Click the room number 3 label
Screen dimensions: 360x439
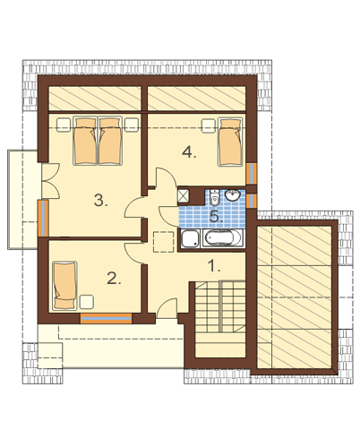coord(100,200)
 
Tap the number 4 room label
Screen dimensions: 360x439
coord(189,152)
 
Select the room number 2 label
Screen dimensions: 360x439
coord(114,279)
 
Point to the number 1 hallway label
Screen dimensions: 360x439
coord(214,265)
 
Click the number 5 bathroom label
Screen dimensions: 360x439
coord(217,216)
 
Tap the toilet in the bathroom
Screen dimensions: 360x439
coord(214,197)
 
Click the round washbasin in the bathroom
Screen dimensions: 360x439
coord(233,195)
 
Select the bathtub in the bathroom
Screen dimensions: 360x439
coord(222,238)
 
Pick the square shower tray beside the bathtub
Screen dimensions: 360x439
coord(190,238)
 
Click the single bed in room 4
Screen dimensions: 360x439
coord(230,142)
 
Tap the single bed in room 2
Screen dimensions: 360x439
coord(64,285)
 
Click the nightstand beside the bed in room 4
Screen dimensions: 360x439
coord(209,125)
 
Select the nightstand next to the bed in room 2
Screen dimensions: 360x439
coord(87,302)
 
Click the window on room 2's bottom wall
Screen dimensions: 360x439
coord(106,318)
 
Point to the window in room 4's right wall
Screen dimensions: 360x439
coord(252,173)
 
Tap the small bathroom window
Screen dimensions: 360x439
coord(252,201)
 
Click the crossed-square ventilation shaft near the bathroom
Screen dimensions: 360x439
coord(183,195)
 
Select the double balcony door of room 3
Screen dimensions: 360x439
coord(51,181)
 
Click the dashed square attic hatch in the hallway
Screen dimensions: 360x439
coord(163,242)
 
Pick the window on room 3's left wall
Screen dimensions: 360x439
coord(43,219)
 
